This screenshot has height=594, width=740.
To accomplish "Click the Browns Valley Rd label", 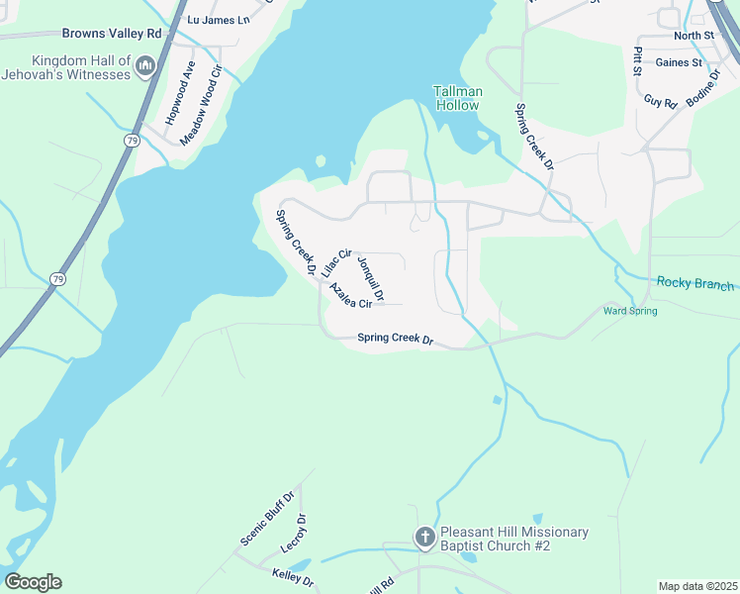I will coord(112,34).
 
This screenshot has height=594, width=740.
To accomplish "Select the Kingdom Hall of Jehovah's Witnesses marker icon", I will coord(145,66).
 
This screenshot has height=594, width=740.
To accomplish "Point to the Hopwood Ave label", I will coord(178,92).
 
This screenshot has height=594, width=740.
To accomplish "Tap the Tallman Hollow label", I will coord(458,98).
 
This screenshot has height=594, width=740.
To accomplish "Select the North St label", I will coord(694,36).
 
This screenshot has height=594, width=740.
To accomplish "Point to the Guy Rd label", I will coord(660,101).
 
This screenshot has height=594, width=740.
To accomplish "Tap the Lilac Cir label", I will coord(337,262).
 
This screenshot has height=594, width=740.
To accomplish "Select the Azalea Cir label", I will coord(350,296).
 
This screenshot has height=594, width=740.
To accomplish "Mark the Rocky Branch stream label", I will coord(696,284).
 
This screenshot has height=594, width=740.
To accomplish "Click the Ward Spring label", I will coord(630,311).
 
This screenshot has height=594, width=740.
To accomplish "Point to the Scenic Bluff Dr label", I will coord(267,518).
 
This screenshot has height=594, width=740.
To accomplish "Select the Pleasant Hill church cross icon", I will coord(425,539).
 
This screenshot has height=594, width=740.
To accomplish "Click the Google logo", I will coord(33,581).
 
